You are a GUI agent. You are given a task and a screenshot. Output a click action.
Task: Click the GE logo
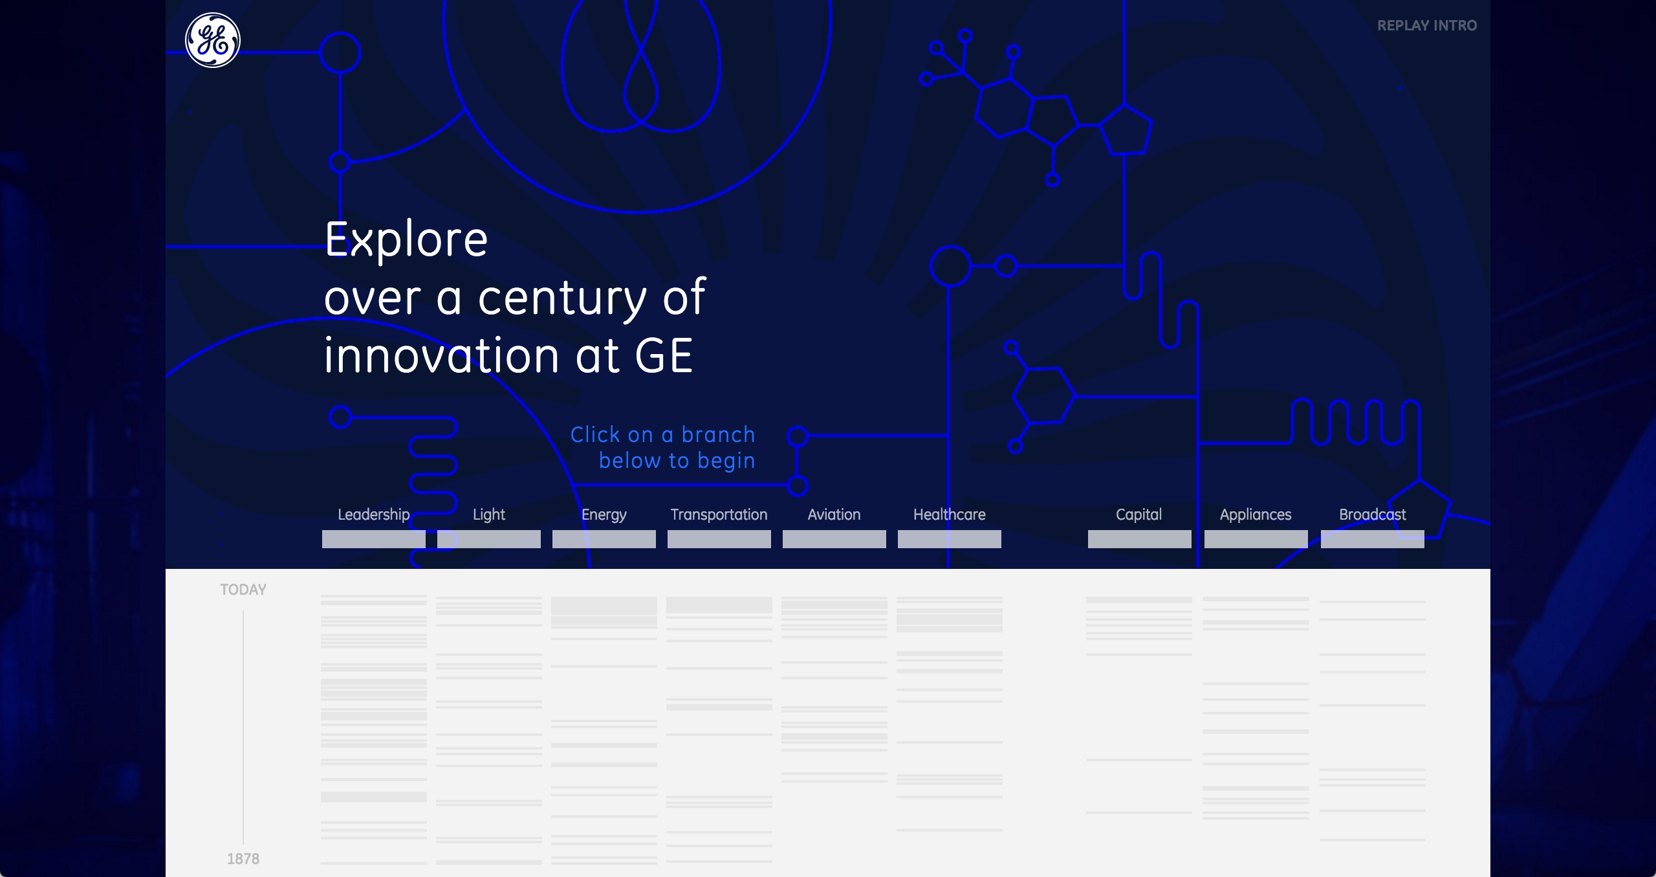pos(213,40)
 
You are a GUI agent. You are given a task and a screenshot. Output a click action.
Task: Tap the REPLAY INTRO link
pos(1427,26)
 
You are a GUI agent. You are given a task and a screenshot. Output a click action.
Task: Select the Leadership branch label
pos(374,515)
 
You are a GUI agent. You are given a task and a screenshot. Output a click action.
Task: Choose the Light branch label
pos(489,515)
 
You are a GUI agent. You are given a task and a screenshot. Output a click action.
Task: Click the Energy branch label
pos(604,515)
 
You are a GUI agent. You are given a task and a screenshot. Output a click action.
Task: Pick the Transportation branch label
pos(719,515)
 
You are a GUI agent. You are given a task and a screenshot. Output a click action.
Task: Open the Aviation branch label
pos(834,515)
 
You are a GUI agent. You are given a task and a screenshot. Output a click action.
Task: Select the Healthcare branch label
pos(950,515)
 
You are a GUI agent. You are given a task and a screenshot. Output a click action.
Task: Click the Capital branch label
pos(1139,515)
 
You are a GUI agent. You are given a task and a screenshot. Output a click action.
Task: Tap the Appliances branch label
pos(1256,515)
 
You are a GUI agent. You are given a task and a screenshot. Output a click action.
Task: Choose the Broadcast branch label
pos(1373,515)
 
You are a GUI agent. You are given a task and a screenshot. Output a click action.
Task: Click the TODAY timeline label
pos(243,590)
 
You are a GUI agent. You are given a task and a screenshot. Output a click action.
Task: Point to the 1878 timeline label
pos(243,859)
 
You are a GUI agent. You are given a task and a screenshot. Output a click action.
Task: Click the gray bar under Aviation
pos(834,539)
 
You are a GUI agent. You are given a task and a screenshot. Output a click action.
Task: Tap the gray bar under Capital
pos(1140,539)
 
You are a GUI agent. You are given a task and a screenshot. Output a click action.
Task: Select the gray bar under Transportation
pos(719,539)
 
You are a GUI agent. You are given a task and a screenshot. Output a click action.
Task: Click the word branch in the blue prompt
pos(718,434)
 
